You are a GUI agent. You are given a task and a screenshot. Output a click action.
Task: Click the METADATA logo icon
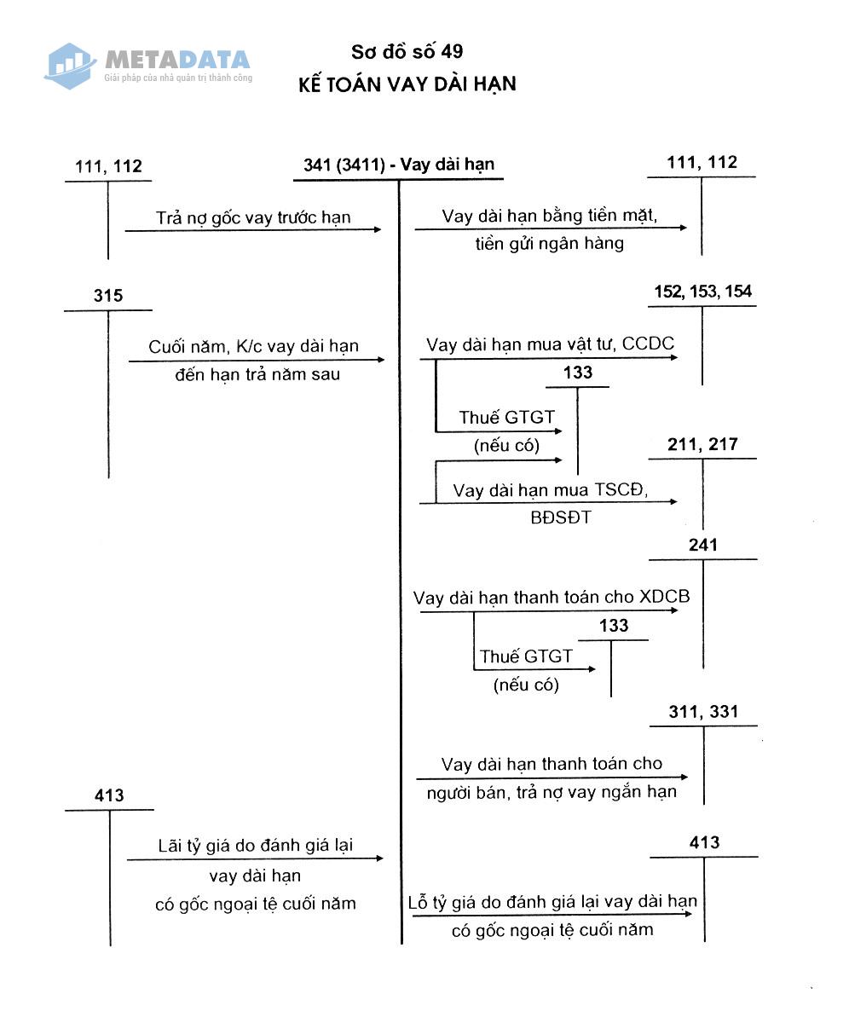click(x=70, y=65)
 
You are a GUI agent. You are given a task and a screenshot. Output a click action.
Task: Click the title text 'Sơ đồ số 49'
click(x=407, y=53)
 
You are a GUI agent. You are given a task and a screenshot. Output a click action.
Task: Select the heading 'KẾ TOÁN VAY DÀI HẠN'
click(x=407, y=84)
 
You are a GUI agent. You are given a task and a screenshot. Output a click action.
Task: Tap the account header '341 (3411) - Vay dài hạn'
click(x=399, y=165)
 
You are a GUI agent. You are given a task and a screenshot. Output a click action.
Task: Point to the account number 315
click(x=108, y=296)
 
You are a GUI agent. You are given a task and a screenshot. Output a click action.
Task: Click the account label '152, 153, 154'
click(x=702, y=292)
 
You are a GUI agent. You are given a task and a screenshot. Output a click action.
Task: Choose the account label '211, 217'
click(x=703, y=444)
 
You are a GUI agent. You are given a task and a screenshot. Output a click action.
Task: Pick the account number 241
click(x=703, y=545)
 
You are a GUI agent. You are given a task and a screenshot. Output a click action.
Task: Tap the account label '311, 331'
click(x=703, y=712)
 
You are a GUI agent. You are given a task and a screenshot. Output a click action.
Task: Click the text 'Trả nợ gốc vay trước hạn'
click(x=253, y=217)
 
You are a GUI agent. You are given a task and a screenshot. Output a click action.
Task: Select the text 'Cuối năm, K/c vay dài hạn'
click(x=254, y=347)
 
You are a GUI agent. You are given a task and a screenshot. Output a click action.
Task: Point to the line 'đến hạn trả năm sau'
click(x=254, y=373)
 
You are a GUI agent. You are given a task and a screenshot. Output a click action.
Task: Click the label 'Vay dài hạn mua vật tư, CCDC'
click(x=550, y=344)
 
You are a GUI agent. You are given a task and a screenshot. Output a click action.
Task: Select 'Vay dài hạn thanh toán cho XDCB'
click(x=552, y=597)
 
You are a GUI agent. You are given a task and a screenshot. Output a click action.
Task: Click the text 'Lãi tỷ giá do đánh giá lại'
click(x=255, y=846)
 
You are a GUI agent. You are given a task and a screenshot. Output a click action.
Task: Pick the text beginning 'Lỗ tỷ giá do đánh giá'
click(x=552, y=902)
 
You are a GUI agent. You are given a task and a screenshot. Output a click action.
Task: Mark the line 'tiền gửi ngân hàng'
click(x=550, y=244)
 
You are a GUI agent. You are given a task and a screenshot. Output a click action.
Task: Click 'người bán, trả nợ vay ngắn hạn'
click(x=552, y=791)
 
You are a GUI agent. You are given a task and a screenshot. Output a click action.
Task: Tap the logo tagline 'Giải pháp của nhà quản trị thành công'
click(x=178, y=78)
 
